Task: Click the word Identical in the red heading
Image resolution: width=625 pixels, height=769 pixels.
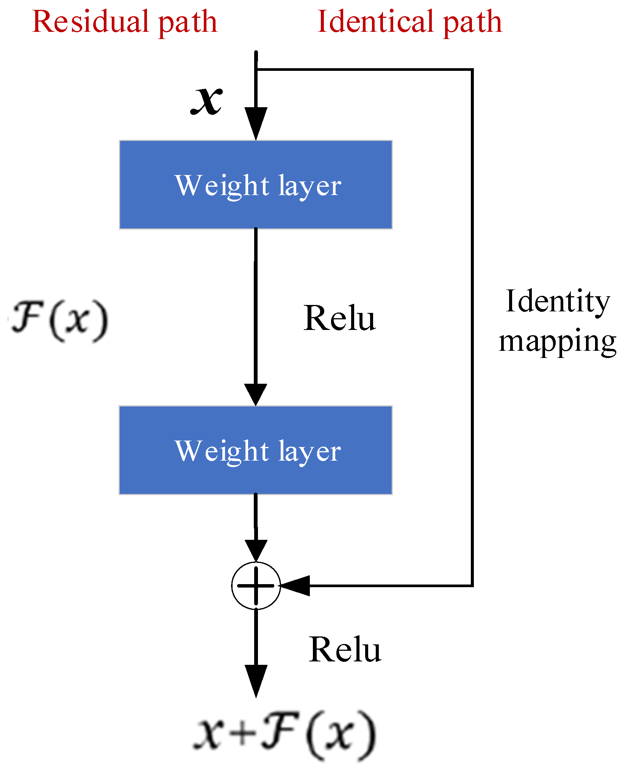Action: (375, 22)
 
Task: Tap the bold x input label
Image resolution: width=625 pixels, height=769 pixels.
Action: (206, 100)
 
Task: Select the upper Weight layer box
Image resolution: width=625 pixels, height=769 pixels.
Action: (256, 185)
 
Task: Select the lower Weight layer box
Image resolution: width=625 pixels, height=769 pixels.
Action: (256, 450)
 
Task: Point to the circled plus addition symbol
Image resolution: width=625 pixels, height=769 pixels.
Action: (256, 586)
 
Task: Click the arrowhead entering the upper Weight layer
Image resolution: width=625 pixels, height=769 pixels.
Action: (256, 123)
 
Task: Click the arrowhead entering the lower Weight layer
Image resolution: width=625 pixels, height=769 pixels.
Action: (256, 394)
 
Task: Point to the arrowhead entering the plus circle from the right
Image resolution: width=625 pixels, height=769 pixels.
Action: (295, 586)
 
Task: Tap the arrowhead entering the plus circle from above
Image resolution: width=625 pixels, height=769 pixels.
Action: (256, 550)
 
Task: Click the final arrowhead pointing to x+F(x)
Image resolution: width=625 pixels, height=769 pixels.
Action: (256, 680)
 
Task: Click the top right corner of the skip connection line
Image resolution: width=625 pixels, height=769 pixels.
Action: (472, 70)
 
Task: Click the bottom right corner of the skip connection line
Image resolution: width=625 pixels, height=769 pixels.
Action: (472, 586)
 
